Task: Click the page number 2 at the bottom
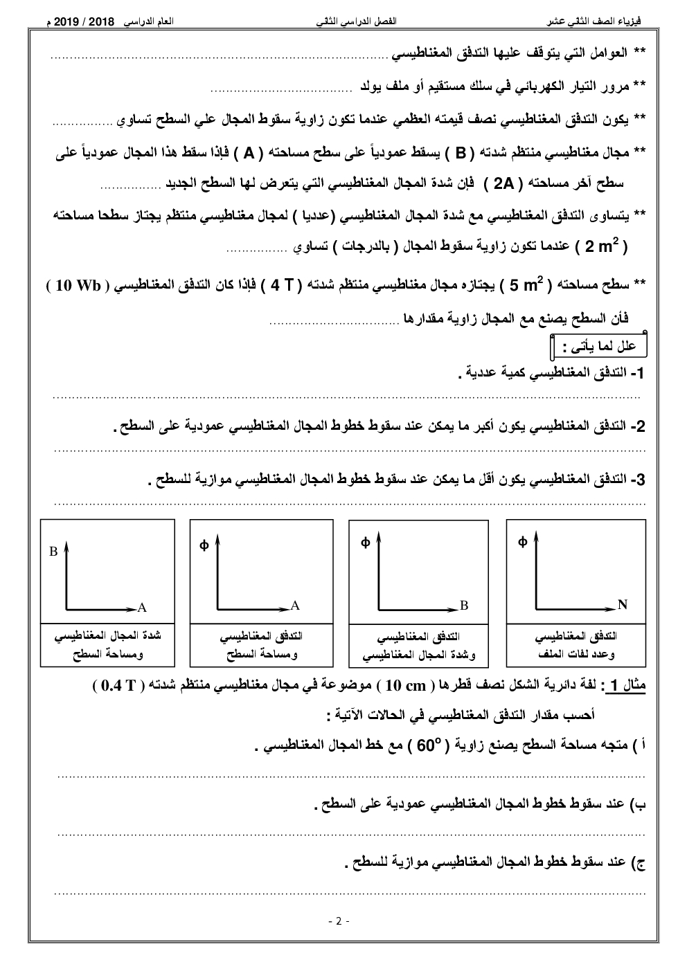point(339,921)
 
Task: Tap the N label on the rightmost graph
point(622,605)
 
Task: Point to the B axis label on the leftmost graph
point(53,552)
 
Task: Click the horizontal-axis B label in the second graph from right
point(464,605)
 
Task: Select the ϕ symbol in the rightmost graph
point(522,542)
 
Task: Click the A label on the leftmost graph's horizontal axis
point(142,608)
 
